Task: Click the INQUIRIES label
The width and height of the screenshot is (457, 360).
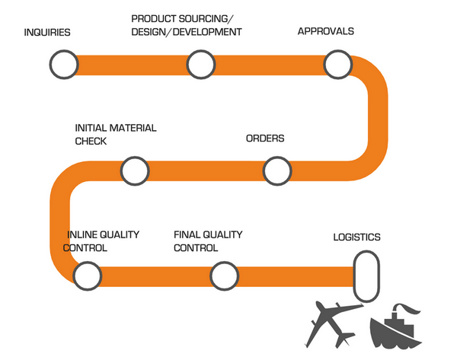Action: [47, 33]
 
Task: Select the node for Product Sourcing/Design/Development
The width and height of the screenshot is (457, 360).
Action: [199, 65]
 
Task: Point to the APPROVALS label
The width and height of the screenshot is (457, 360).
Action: [325, 32]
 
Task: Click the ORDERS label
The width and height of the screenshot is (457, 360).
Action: [265, 139]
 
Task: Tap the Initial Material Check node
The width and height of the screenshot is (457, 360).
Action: [134, 170]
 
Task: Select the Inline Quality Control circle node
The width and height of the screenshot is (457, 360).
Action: [86, 275]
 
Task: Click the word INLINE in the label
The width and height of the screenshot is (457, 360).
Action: [84, 234]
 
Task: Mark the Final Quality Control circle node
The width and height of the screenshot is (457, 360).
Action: [223, 275]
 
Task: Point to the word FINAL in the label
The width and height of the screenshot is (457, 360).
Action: [187, 234]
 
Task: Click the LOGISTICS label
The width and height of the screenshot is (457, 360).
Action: [356, 237]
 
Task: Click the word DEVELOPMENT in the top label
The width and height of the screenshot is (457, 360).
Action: [209, 32]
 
